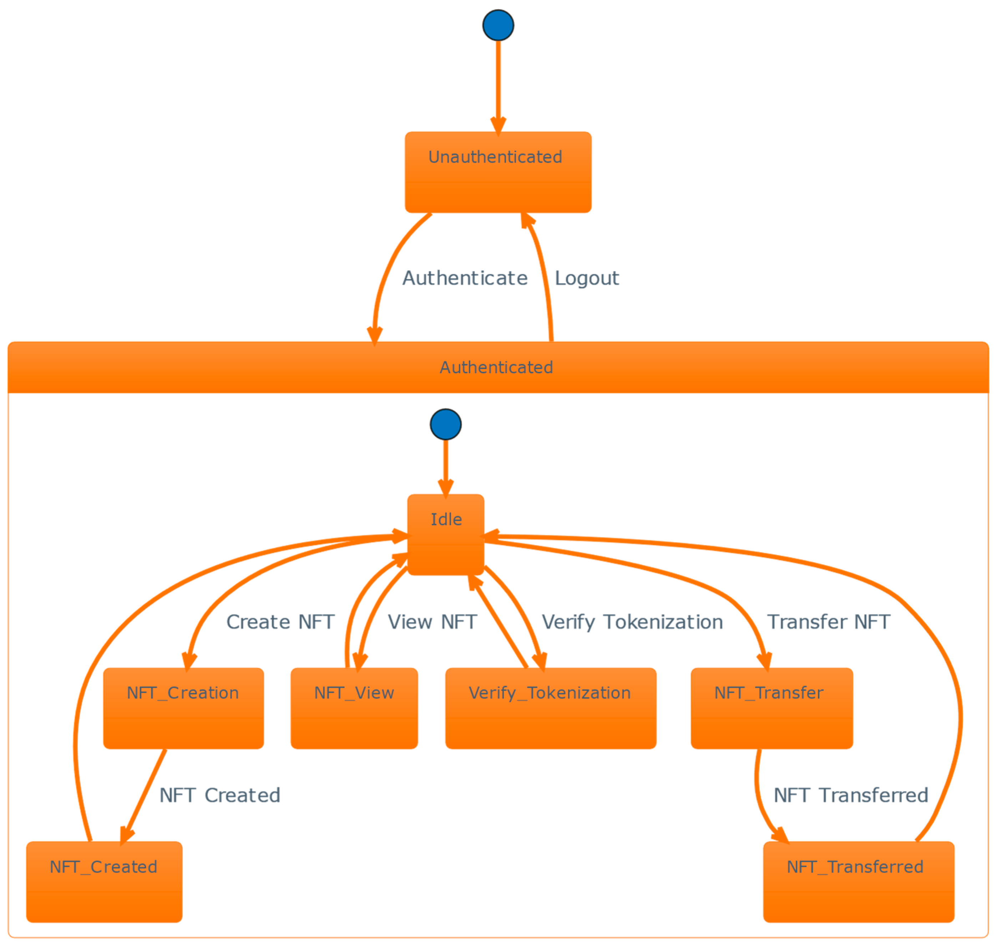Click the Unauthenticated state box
498,172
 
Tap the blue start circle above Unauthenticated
498,25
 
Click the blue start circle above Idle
445,424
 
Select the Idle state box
445,535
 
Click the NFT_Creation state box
183,708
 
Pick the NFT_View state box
354,708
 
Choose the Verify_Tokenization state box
551,708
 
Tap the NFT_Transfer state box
771,708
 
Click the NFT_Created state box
104,882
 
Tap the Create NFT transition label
280,622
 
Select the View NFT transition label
432,622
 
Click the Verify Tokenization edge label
632,622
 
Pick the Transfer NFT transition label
829,622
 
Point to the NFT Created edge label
220,795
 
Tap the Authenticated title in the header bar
496,367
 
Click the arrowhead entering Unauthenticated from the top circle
498,126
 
